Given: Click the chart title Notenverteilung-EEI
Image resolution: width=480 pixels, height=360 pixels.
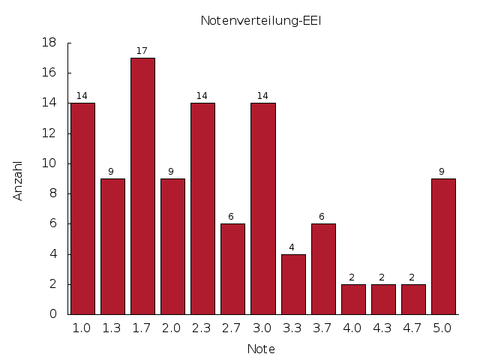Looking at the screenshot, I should (x=260, y=20).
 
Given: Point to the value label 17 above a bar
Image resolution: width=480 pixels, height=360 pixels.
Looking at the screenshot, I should (x=142, y=51).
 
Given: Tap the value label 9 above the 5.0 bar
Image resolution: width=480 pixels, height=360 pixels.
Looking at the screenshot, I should (x=442, y=172).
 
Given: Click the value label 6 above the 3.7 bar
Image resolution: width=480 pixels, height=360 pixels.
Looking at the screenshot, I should (x=322, y=217).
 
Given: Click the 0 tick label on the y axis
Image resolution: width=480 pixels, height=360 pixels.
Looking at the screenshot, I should (x=53, y=314).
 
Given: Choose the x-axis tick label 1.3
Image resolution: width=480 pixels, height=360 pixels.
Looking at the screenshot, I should (x=112, y=328).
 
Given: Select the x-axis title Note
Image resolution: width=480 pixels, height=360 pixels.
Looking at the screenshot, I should (x=261, y=349).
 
